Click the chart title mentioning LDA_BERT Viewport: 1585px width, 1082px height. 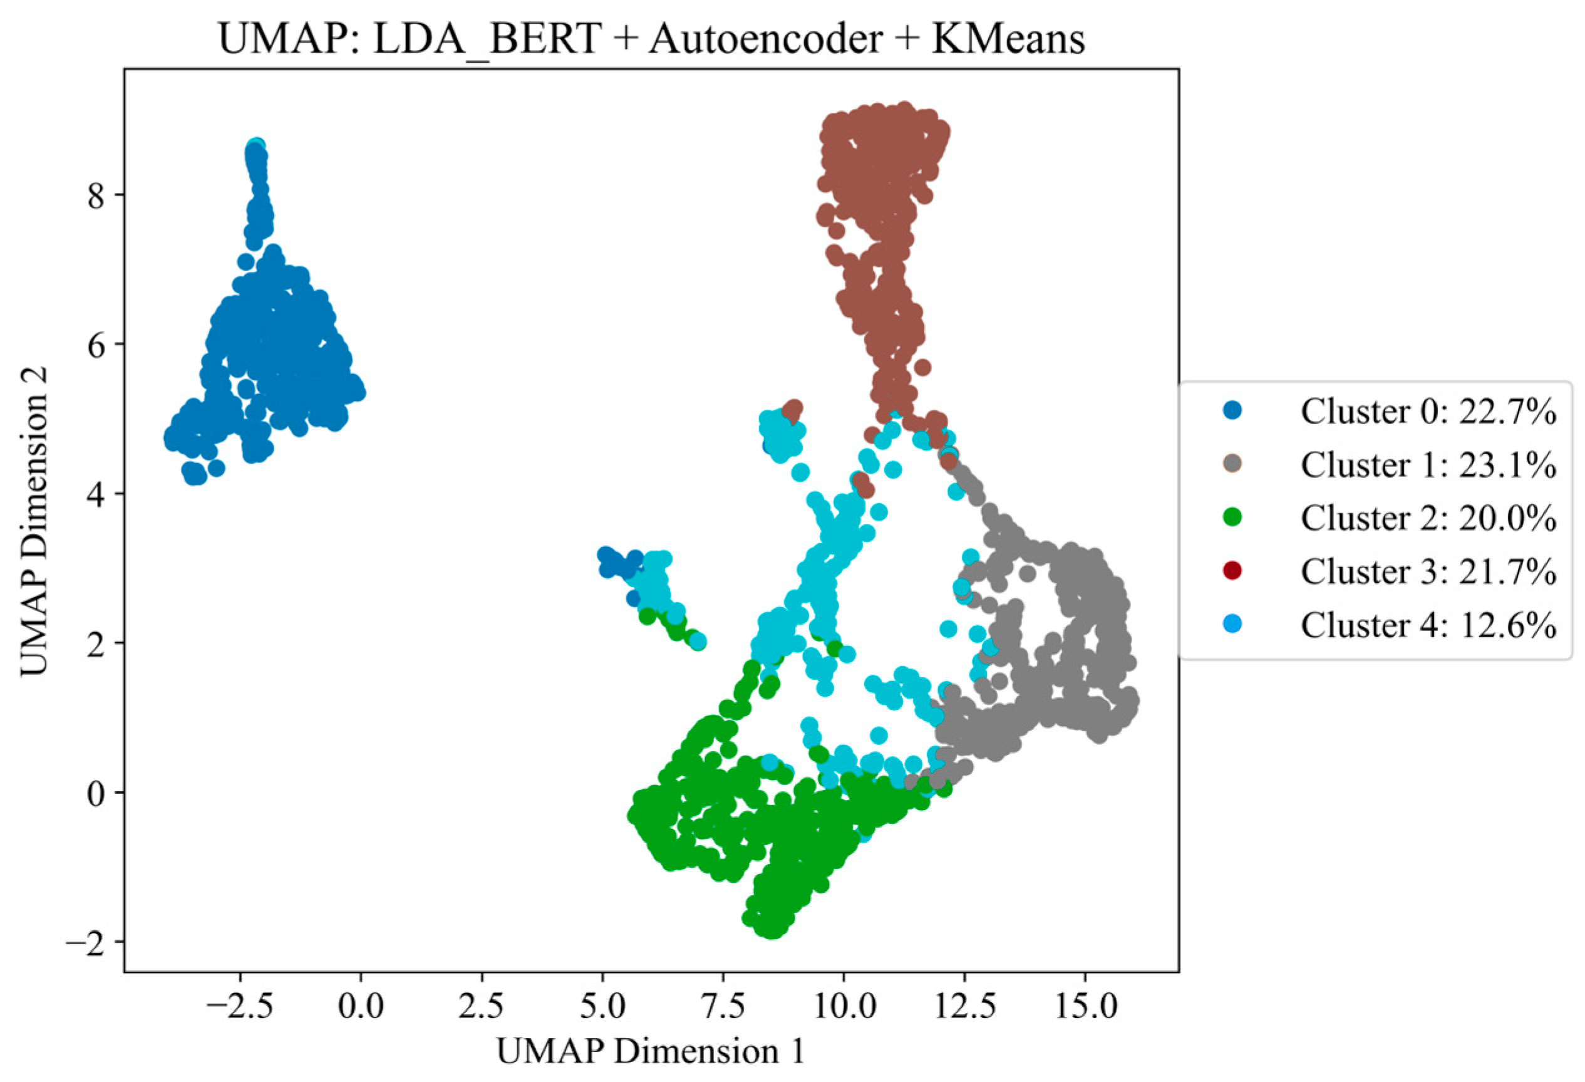coord(651,39)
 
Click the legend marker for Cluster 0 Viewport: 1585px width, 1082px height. coord(1232,411)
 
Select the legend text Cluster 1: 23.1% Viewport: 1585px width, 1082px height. coord(1428,465)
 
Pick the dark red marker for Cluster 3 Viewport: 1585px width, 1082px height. coord(1232,570)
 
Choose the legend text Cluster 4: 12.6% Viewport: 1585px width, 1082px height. coord(1428,624)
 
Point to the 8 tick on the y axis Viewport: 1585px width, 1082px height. coord(96,195)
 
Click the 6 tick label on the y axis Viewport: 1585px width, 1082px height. coord(96,345)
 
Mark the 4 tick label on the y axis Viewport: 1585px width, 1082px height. coord(96,494)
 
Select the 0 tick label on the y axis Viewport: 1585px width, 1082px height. coord(96,793)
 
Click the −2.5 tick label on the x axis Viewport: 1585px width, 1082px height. coord(239,1007)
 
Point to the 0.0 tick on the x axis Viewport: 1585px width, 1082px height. coord(361,1007)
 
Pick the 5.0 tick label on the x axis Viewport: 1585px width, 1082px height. coord(603,1007)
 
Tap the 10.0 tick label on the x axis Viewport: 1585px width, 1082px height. coord(844,1007)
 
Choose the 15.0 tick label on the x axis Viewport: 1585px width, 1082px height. coord(1086,1007)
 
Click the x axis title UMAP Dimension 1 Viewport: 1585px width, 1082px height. coord(651,1051)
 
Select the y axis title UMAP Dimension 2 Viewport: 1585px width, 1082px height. coord(34,521)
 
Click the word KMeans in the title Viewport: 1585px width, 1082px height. coord(1008,39)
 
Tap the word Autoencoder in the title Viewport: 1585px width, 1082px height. coord(765,39)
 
